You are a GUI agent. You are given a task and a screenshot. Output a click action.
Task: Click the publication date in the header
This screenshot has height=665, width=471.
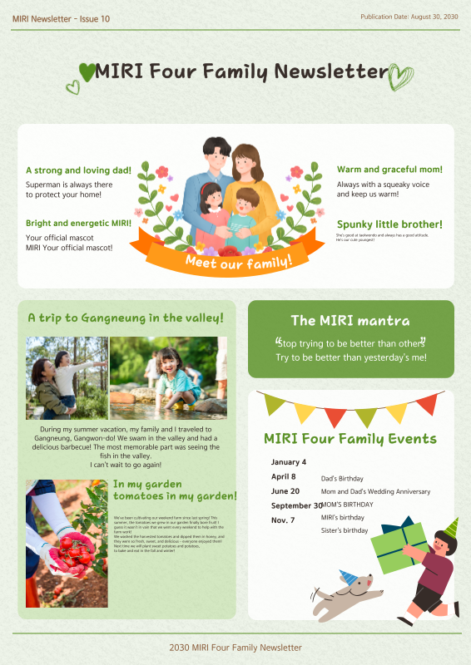[x=409, y=17]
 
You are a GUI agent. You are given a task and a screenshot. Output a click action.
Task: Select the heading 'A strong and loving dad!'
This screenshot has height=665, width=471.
[x=78, y=170]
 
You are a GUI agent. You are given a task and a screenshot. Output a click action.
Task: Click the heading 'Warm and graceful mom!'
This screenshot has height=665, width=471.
[x=389, y=170]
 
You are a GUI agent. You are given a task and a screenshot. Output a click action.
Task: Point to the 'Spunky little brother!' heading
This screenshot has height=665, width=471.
[x=389, y=224]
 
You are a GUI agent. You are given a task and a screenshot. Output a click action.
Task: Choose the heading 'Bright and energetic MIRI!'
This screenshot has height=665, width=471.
[x=78, y=224]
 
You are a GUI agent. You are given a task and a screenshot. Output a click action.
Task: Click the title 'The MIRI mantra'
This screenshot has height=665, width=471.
[x=350, y=320]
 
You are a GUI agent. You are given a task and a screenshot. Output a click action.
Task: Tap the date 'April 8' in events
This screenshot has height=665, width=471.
[x=284, y=476]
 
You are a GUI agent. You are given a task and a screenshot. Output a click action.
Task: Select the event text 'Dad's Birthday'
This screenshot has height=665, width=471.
[x=342, y=479]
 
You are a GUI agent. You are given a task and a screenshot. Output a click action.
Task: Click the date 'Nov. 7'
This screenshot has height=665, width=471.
[x=283, y=520]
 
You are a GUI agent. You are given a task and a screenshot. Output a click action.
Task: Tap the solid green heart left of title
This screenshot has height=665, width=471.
[x=87, y=71]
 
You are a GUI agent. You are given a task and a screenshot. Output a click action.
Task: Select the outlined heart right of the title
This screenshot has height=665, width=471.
[x=401, y=76]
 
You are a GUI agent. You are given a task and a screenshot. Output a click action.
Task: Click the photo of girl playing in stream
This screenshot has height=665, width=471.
[x=168, y=377]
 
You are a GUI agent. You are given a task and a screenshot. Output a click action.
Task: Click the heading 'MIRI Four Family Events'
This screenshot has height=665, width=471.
[x=350, y=439]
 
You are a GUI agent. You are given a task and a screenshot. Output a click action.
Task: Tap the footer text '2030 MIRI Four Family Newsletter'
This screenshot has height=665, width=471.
[x=235, y=648]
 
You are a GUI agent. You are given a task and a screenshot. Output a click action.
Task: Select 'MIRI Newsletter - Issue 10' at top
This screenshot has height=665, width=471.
[x=61, y=18]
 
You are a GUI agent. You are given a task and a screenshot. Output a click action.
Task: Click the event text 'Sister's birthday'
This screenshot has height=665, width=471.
[x=345, y=530]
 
